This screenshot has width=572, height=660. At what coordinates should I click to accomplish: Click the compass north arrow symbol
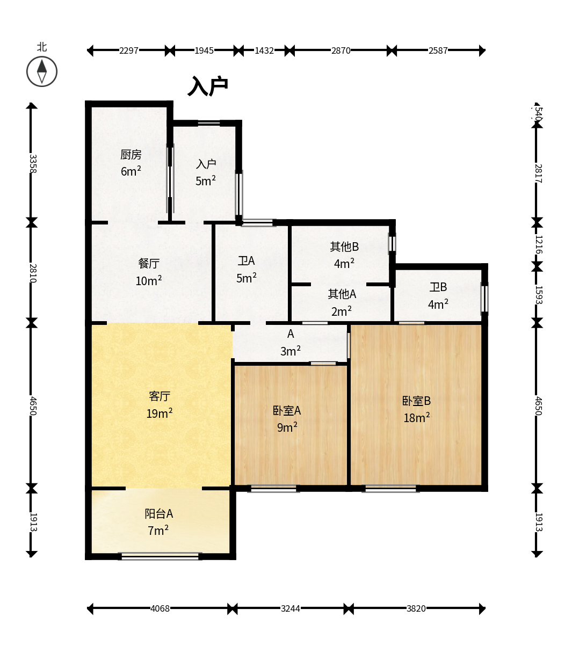tap(42, 71)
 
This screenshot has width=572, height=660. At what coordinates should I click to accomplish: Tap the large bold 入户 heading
tap(208, 86)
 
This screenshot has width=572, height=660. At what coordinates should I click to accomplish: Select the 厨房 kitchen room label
tap(131, 155)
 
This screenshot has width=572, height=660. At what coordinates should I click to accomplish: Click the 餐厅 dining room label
tap(149, 264)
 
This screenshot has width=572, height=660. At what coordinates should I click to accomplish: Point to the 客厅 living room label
tap(160, 396)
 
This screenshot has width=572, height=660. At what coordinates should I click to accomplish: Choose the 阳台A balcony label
tap(159, 514)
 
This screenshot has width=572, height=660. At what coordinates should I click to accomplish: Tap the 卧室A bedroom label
tap(287, 411)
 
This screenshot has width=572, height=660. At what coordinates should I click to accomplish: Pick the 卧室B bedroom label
tap(416, 401)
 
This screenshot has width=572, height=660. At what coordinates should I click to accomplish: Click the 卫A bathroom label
tap(246, 261)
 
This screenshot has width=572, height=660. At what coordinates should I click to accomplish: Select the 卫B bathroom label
tap(438, 287)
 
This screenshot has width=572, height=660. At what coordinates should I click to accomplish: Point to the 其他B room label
tap(344, 246)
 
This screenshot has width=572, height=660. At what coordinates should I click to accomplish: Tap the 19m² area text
tap(160, 413)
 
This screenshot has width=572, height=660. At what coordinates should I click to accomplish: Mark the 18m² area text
tap(416, 417)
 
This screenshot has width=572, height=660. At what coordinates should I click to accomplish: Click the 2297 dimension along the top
tap(129, 50)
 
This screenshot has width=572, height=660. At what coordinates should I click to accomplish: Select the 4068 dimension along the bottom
tap(160, 608)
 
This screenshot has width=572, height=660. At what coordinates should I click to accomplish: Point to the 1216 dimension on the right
tap(539, 244)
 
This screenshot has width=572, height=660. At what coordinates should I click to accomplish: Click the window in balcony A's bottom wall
tap(160, 556)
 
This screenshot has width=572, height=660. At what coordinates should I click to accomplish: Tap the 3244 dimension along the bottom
tap(291, 608)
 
